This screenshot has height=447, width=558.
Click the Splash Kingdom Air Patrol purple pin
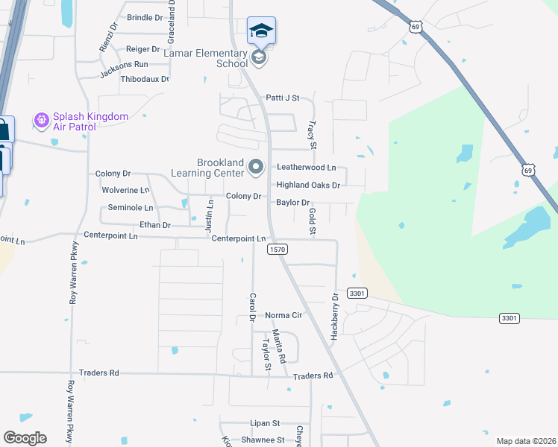point(41,119)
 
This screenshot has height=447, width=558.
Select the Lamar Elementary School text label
point(210,58)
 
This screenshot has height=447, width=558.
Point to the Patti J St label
point(283,98)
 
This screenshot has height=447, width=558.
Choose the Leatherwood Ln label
point(307,168)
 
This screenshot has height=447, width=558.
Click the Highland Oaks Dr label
point(308,185)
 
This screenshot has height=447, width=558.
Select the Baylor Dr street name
point(292,202)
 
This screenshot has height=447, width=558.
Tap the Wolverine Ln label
point(125,191)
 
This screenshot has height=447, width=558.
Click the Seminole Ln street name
point(131,208)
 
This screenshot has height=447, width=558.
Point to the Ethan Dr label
point(155,225)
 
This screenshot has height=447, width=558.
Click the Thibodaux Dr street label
point(145,78)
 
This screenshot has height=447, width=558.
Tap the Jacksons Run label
point(124,65)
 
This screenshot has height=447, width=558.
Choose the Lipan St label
point(264,422)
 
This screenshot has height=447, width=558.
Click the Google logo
point(25,438)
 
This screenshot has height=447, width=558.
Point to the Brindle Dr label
point(145,17)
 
